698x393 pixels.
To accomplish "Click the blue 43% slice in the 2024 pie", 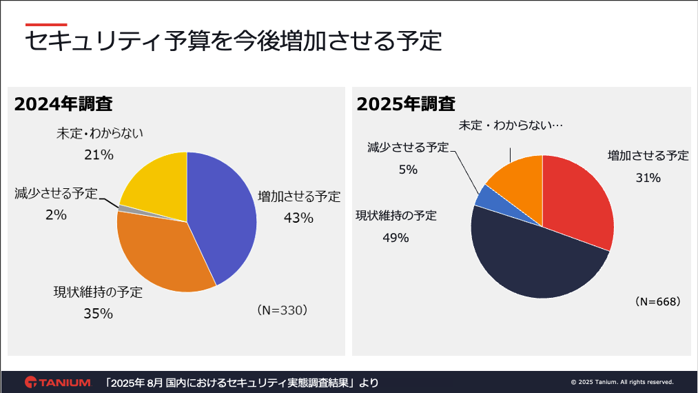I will tap(224, 214).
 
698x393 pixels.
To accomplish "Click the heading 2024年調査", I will tap(63, 104).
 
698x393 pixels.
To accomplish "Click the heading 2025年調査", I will tap(406, 104).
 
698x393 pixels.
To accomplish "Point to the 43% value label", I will tap(298, 218).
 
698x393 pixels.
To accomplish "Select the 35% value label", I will tap(98, 313).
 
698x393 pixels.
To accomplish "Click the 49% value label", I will tap(396, 238).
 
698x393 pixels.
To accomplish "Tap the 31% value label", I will tap(648, 178).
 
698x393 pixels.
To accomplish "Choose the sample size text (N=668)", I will tap(657, 302).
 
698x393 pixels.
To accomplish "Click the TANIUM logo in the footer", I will tap(58, 382).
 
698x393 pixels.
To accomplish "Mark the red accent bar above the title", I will tap(46, 24).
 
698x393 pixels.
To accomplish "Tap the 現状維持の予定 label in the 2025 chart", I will tap(396, 215).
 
